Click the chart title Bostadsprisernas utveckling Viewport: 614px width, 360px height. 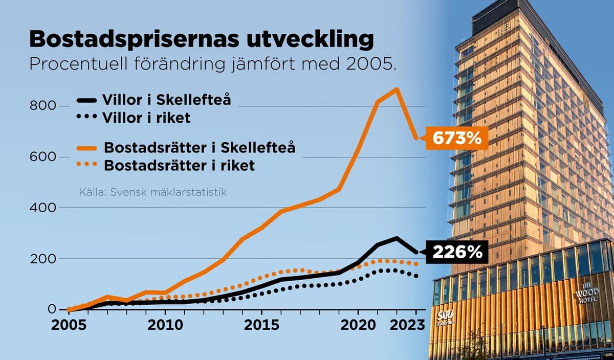coord(202,39)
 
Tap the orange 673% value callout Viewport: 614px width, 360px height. coord(457,138)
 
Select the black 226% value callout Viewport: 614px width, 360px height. coord(457,252)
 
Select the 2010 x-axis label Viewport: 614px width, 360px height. coord(165,326)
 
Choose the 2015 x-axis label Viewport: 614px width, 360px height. coord(261,326)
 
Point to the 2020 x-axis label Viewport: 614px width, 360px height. coord(358,326)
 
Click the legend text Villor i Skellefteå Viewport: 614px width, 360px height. coord(166,100)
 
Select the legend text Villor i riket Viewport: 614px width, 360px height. coord(146,118)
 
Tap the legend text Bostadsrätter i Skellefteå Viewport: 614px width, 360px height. coord(200,148)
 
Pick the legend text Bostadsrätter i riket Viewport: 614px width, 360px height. coord(180,166)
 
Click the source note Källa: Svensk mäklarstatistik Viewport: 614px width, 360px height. coord(152,192)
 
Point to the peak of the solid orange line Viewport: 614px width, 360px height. coord(397,89)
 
